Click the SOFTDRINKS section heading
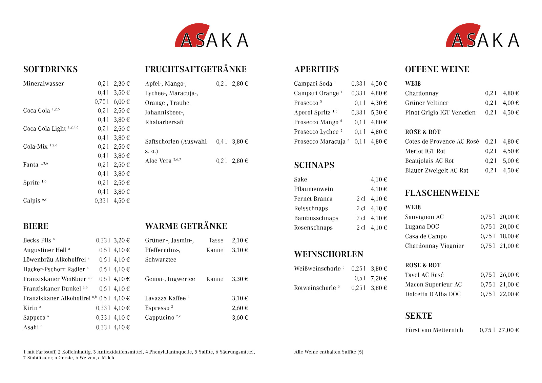click(50, 69)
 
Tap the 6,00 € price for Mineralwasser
click(122, 102)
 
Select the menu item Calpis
click(32, 200)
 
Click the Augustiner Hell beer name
click(45, 250)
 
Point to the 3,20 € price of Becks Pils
click(122, 240)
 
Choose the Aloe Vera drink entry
click(159, 161)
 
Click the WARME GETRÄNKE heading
click(186, 226)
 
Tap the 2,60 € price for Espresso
click(240, 308)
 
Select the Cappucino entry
click(160, 318)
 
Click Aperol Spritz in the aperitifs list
click(312, 112)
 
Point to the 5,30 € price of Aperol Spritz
click(379, 112)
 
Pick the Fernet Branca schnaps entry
click(313, 199)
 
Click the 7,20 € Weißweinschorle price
click(379, 278)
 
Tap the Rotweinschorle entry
click(315, 288)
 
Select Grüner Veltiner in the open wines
click(426, 103)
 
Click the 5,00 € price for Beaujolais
click(510, 161)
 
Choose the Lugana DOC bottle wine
click(422, 227)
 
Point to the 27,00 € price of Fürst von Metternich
click(508, 330)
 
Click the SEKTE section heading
click(419, 316)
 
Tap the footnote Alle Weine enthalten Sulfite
click(329, 352)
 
